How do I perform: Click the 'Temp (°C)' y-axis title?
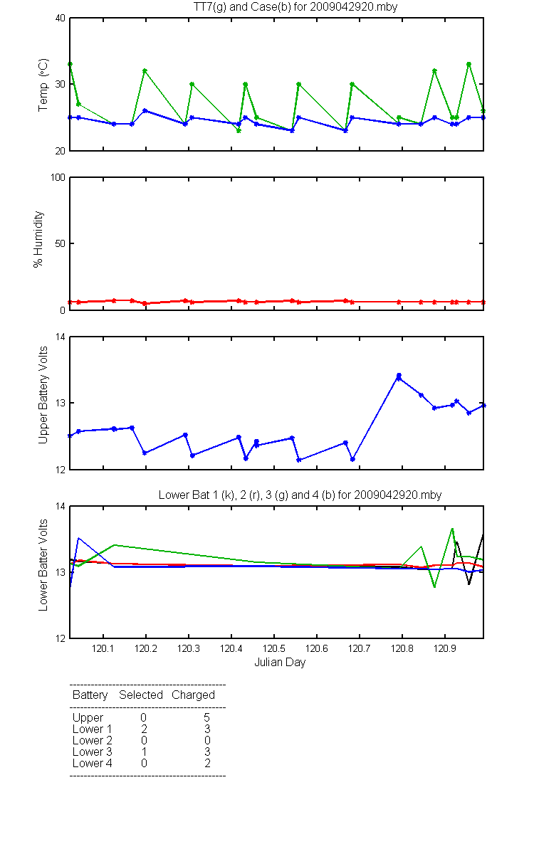tap(43, 85)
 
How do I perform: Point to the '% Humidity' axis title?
tap(38, 239)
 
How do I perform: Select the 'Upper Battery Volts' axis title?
tap(43, 395)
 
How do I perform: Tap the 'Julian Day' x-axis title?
tap(280, 663)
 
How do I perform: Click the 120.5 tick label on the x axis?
tap(274, 648)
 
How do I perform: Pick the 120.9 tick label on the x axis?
tap(445, 648)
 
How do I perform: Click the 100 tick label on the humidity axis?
tap(58, 177)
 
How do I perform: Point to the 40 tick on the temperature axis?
tap(61, 18)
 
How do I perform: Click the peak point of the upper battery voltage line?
tap(399, 376)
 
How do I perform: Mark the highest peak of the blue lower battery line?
tap(78, 538)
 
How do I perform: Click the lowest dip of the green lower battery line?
tap(434, 587)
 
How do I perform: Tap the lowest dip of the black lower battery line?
tap(468, 584)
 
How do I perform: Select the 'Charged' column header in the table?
tap(193, 695)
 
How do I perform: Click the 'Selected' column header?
tap(141, 695)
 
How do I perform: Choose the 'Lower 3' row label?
tap(93, 752)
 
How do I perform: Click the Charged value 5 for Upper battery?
tap(206, 717)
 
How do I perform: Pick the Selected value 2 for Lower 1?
tap(144, 729)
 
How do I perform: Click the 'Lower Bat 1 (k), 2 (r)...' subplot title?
tap(300, 495)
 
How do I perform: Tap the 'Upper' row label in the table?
tap(88, 718)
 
